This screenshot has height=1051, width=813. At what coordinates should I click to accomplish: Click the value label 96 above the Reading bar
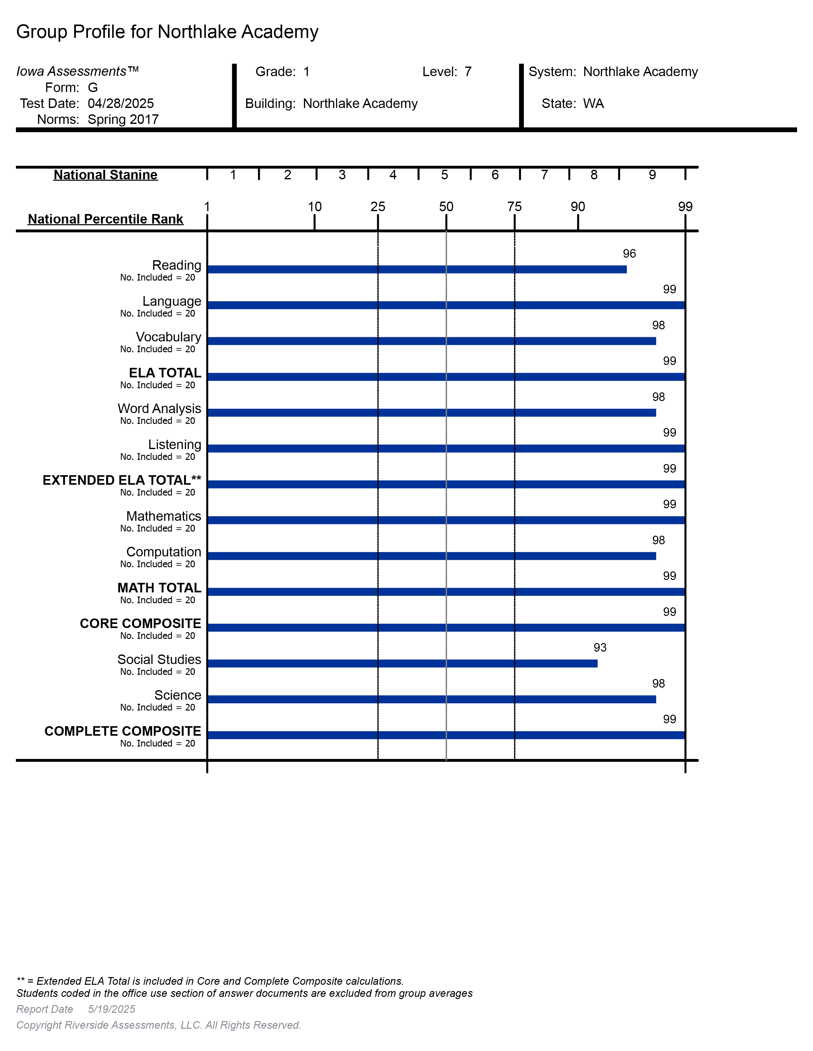click(629, 254)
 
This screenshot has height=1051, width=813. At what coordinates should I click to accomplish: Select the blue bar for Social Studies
click(402, 664)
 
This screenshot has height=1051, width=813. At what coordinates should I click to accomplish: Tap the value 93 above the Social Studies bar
click(600, 648)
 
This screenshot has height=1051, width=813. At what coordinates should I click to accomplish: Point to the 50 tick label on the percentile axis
click(446, 207)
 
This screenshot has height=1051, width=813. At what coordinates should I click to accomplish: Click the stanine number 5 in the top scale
click(444, 175)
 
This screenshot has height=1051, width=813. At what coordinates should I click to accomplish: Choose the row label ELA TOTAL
click(165, 373)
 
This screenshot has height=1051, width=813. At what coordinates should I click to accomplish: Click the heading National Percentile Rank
click(106, 219)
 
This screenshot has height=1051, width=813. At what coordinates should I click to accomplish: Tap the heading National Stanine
click(106, 175)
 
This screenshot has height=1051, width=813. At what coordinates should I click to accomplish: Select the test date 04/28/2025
click(121, 104)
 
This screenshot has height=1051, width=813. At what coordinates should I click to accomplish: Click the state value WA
click(593, 104)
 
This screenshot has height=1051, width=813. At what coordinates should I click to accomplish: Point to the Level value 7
click(468, 72)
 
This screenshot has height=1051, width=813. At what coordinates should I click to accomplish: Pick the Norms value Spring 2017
click(123, 119)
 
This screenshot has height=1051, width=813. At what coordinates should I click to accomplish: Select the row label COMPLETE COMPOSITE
click(123, 731)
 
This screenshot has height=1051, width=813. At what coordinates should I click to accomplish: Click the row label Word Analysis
click(159, 409)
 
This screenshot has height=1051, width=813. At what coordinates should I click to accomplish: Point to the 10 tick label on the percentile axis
click(314, 207)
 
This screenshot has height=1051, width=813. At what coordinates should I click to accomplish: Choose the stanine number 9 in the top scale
click(652, 175)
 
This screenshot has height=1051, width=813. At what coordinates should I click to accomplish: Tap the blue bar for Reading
click(417, 269)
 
